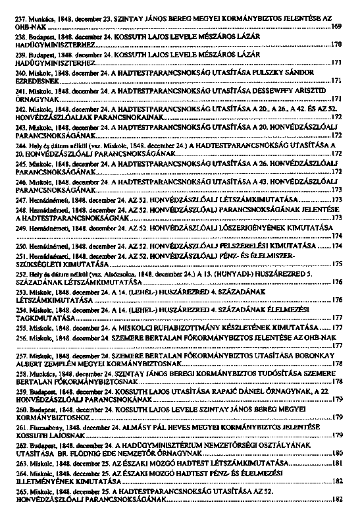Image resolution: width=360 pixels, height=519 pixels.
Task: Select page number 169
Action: (336, 29)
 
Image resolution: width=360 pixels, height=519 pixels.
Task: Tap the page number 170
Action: (336, 46)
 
